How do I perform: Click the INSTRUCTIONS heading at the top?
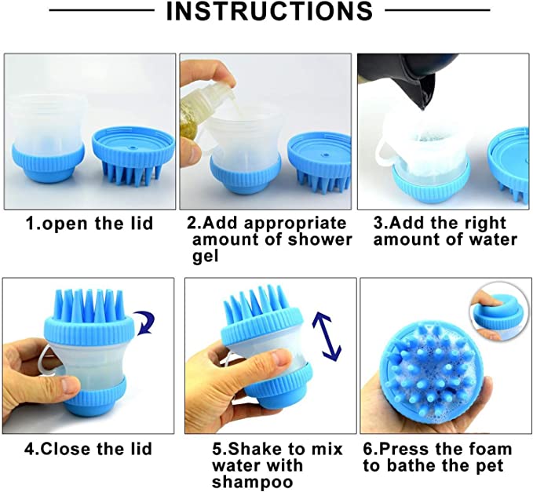coord(269,12)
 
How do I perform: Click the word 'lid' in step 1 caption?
coord(141,223)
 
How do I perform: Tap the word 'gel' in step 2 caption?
coord(205,257)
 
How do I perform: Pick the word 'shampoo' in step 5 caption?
coord(252,482)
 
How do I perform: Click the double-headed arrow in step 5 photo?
coord(327,337)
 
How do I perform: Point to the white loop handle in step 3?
coord(383,154)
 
